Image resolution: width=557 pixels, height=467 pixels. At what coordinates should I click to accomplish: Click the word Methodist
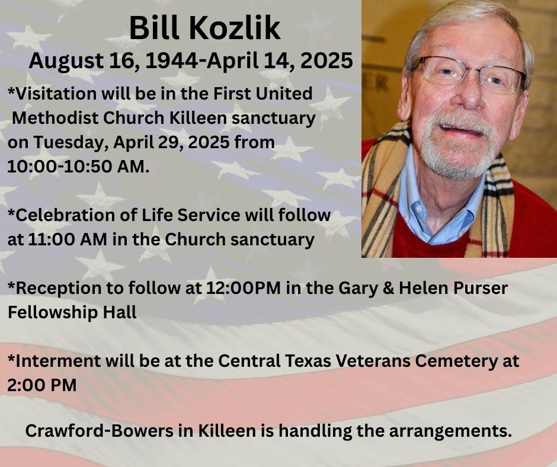point(55,118)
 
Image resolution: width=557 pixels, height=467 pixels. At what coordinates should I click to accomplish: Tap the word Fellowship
point(53,313)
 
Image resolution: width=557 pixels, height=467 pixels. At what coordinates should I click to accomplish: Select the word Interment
point(58,361)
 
